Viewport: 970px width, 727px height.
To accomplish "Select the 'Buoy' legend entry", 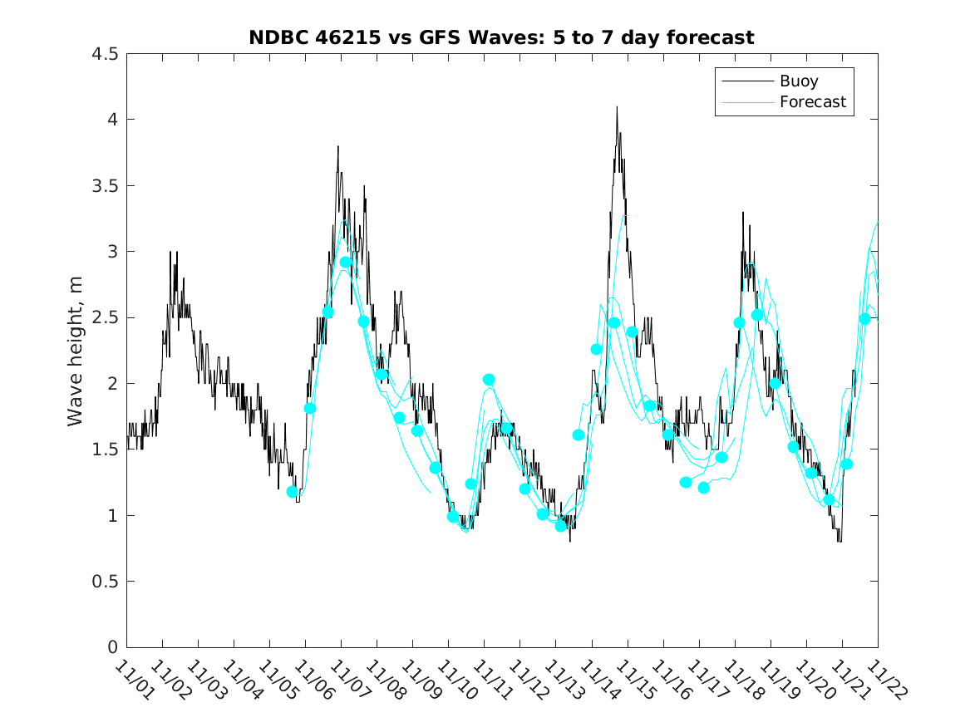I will point(798,81).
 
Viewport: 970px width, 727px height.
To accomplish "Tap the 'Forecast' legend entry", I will point(812,102).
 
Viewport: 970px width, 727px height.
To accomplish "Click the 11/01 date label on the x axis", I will point(134,680).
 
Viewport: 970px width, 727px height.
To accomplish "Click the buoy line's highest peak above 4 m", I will point(617,107).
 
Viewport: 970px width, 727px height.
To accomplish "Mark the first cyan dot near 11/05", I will point(293,492).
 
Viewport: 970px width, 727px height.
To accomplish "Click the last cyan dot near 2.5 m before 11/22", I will point(864,319).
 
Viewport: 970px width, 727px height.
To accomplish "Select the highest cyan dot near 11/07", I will point(346,263).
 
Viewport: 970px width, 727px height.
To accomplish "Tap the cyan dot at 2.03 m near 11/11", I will point(489,380).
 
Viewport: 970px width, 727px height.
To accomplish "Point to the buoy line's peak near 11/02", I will point(170,252).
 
